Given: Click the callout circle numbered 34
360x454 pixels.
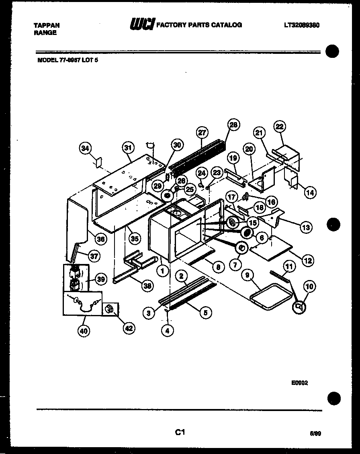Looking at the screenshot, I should (x=85, y=149).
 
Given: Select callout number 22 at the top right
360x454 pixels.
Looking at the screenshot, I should (x=279, y=127).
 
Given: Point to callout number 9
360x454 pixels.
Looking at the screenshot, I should (x=247, y=276).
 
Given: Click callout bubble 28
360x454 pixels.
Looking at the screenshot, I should (x=233, y=125).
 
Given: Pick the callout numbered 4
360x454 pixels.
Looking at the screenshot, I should (x=167, y=331).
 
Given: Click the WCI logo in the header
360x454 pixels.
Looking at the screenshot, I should (x=141, y=25).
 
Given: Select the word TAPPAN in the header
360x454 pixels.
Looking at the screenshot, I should (x=47, y=25).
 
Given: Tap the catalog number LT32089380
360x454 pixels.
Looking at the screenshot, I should (x=301, y=25).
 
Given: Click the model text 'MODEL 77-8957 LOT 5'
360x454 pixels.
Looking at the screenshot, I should (x=67, y=60).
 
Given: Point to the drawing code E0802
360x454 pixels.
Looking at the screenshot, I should (x=299, y=383).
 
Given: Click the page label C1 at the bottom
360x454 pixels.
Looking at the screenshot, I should (x=180, y=432).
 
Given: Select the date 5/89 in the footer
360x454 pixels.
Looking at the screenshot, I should (x=315, y=434).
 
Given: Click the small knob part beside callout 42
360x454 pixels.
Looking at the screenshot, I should (x=109, y=309).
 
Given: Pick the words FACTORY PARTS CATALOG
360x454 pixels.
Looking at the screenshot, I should (x=199, y=25).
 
